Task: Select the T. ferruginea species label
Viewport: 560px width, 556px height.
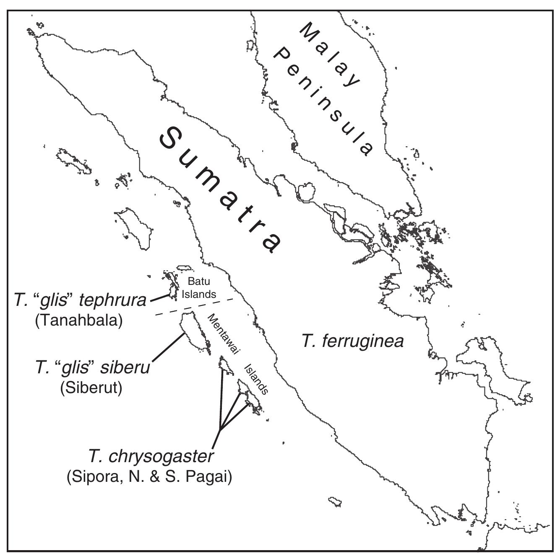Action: click(352, 341)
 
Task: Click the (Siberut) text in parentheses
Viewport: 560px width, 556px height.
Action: click(91, 388)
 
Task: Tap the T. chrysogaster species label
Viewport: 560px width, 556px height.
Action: click(151, 456)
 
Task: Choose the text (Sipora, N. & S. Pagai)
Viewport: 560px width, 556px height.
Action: click(149, 477)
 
